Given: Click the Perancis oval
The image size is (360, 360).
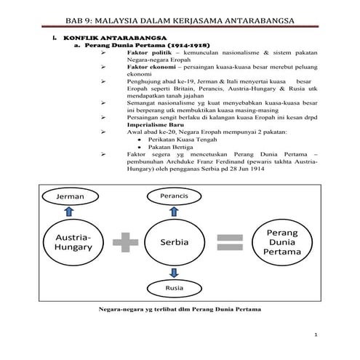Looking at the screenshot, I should pyautogui.click(x=177, y=196).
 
